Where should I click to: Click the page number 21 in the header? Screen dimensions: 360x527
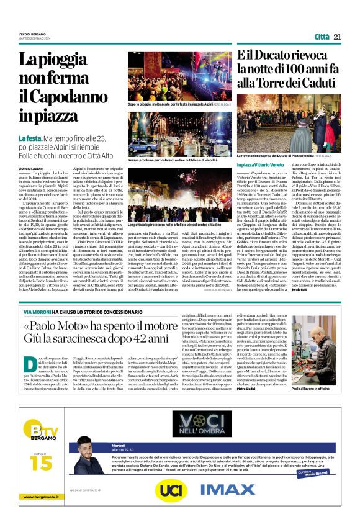[x=338, y=37]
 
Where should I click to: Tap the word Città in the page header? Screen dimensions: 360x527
[x=321, y=37]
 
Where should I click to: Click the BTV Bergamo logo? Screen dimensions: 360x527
[x=37, y=421]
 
